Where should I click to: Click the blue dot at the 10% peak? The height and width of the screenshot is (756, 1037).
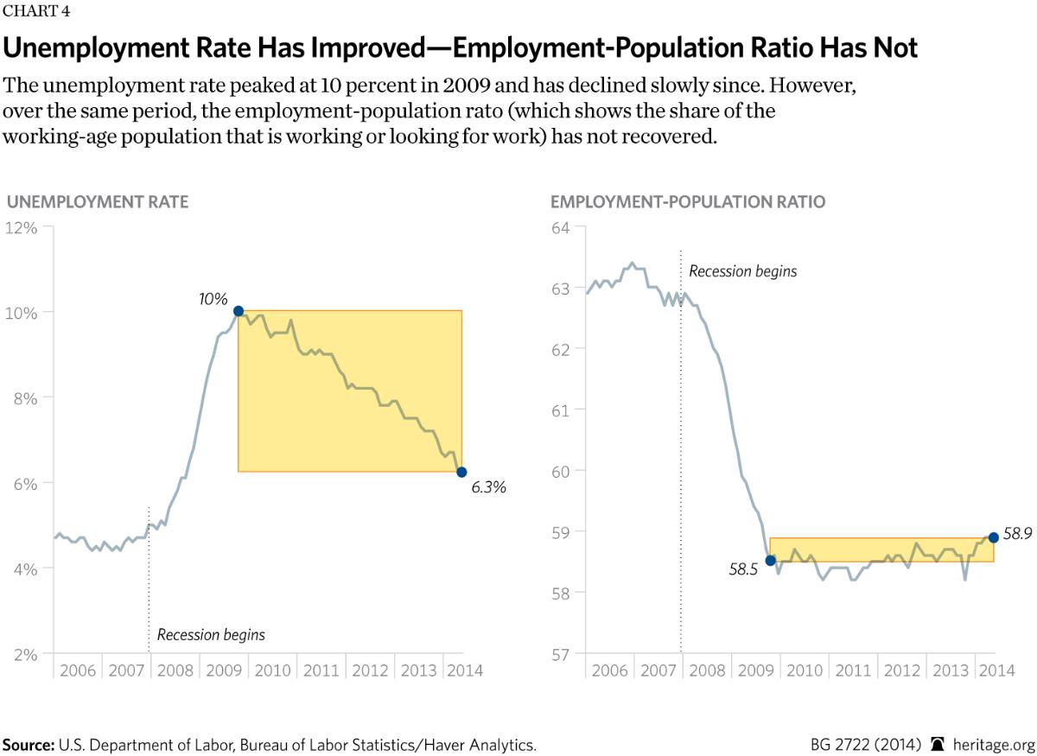pyautogui.click(x=239, y=311)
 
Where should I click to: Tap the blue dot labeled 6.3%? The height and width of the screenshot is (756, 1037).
pyautogui.click(x=461, y=472)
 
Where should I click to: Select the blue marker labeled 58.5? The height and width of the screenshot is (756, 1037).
pyautogui.click(x=770, y=561)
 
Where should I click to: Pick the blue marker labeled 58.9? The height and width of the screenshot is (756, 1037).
pyautogui.click(x=993, y=537)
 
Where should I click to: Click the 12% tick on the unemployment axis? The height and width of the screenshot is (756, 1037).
pyautogui.click(x=22, y=228)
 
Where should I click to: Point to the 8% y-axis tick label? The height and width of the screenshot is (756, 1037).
pyautogui.click(x=24, y=397)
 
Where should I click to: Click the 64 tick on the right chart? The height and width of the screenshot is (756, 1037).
pyautogui.click(x=562, y=228)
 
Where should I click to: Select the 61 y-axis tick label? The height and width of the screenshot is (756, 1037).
pyautogui.click(x=562, y=410)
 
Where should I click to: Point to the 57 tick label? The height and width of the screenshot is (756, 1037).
pyautogui.click(x=562, y=653)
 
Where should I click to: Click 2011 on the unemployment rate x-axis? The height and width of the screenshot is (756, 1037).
pyautogui.click(x=321, y=670)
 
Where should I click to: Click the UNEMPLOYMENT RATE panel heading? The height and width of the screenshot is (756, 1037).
pyautogui.click(x=98, y=202)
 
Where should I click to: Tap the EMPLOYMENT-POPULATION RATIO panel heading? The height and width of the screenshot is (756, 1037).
pyautogui.click(x=688, y=202)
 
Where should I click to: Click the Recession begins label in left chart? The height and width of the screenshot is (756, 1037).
pyautogui.click(x=211, y=635)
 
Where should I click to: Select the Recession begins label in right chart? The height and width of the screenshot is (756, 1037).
pyautogui.click(x=742, y=271)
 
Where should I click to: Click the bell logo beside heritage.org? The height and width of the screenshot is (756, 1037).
pyautogui.click(x=938, y=744)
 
